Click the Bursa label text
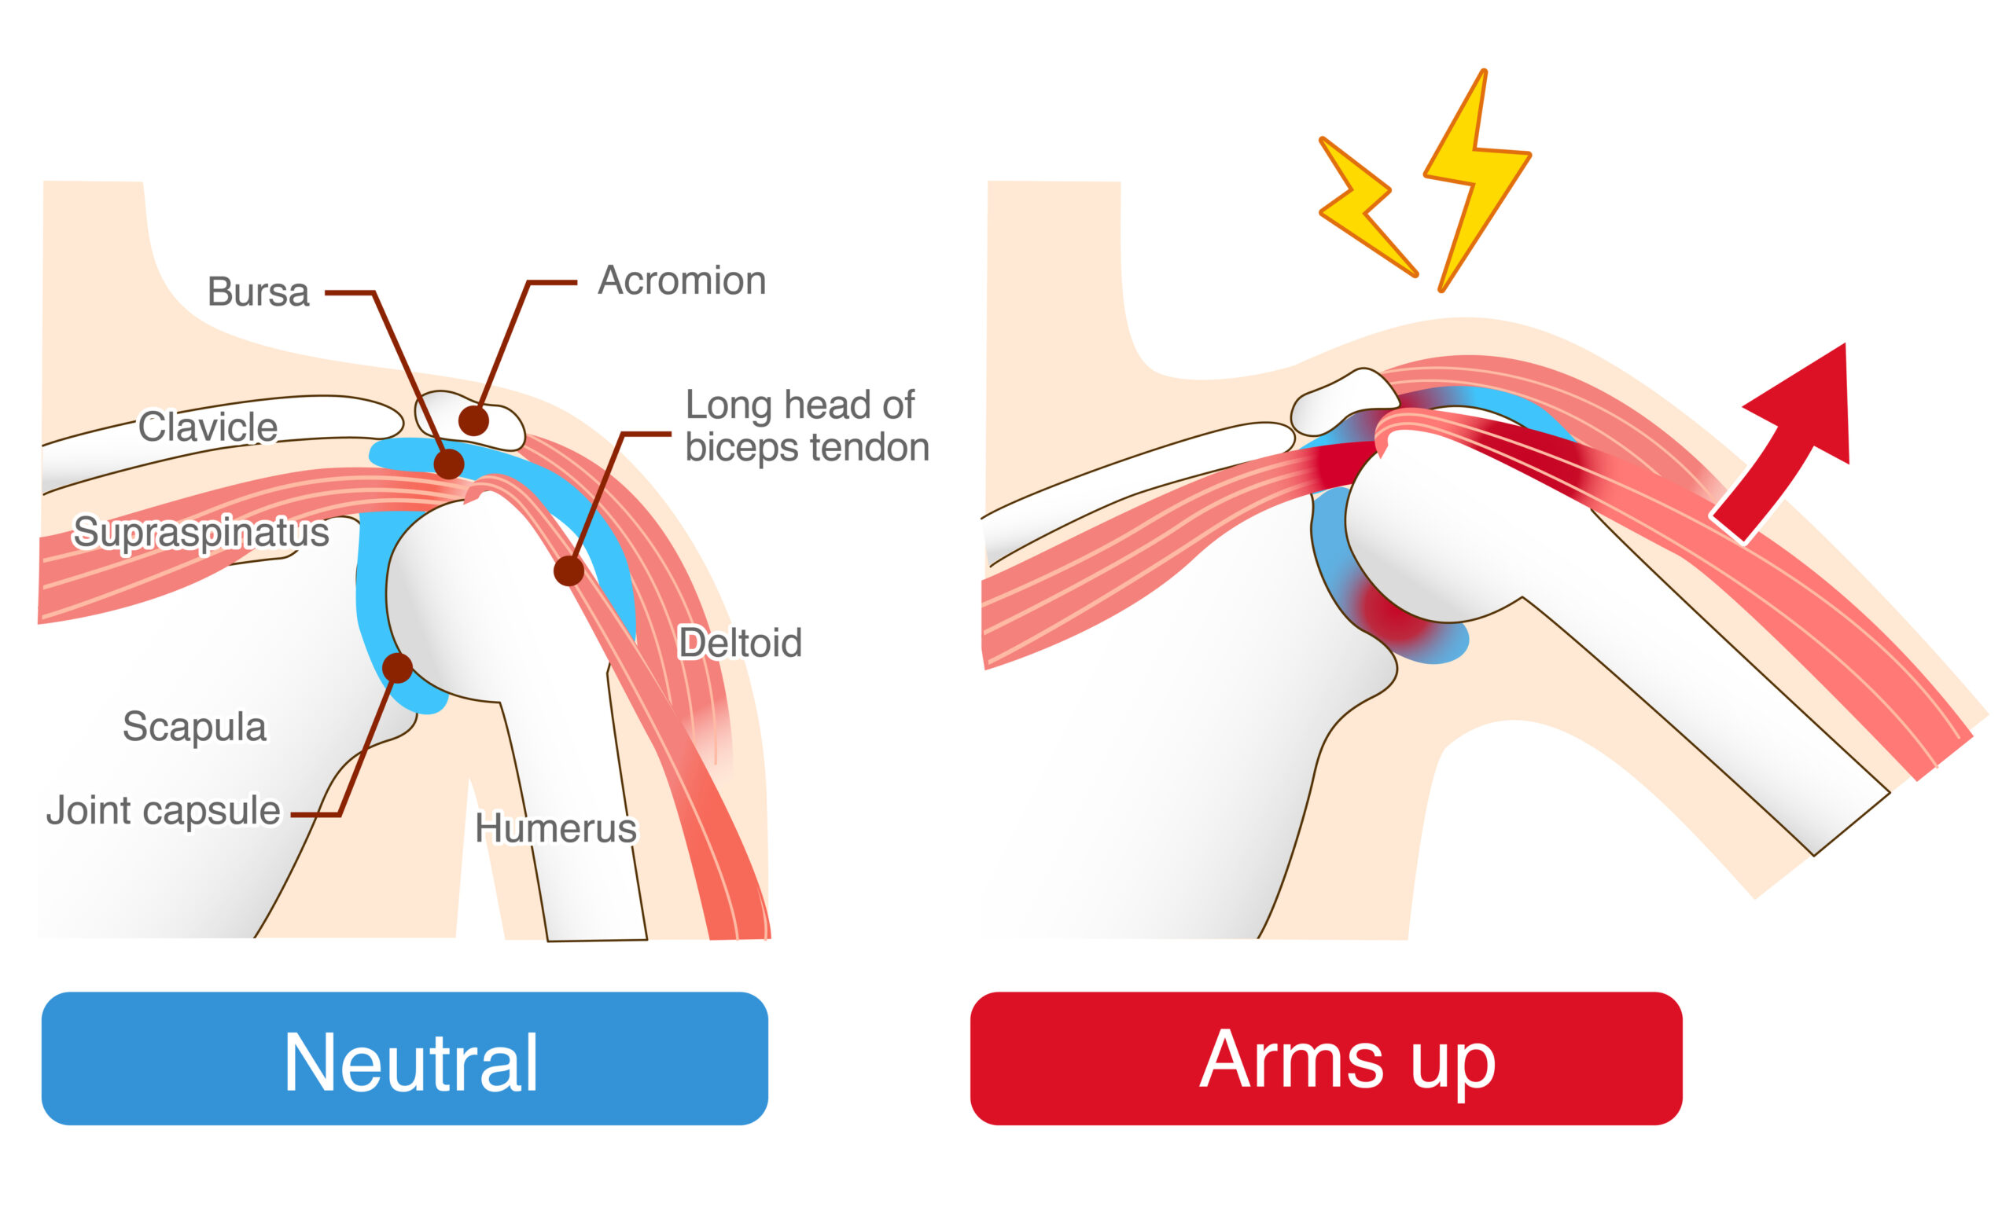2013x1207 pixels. coord(258,292)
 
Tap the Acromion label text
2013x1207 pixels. coord(682,281)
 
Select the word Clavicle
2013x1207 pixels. coord(208,427)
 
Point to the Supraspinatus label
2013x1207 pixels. coord(201,532)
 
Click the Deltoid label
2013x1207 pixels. coord(740,643)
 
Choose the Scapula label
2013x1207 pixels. coord(193,726)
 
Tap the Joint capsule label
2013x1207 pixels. coord(163,810)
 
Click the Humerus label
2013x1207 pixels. coord(556,828)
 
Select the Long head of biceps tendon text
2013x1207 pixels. coord(805,425)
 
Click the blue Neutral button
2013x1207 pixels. coord(404,1058)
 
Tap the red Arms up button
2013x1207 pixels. coord(1326,1058)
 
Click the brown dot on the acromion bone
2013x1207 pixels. coord(473,420)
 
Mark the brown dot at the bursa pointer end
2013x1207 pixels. coord(448,464)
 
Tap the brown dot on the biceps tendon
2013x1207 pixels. coord(569,571)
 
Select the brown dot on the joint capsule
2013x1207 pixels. coord(397,668)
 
